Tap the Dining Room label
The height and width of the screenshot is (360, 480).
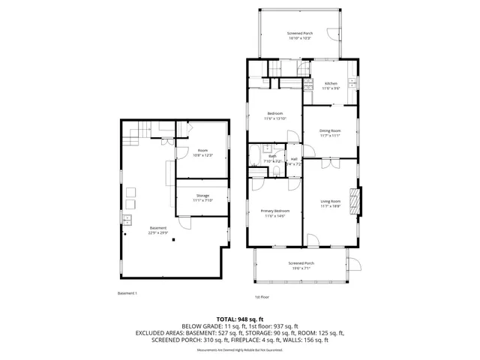(330, 133)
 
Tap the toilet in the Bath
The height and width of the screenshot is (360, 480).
(276, 172)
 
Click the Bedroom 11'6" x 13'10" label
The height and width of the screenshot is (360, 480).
(275, 115)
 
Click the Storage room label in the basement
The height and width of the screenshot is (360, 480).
(202, 198)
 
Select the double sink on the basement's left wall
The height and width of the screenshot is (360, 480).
(126, 219)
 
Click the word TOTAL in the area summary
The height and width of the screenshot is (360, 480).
(227, 318)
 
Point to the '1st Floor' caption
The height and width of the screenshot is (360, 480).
(261, 297)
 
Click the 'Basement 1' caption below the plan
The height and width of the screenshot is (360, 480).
(127, 293)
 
